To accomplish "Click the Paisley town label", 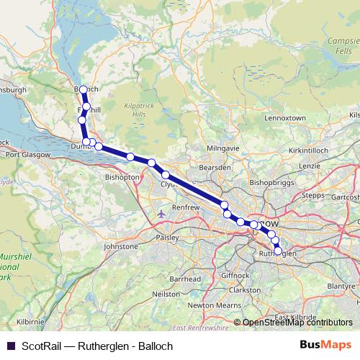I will [168, 234].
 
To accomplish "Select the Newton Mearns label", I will [212, 305].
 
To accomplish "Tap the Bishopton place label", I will [122, 176].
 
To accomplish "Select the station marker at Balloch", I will [83, 89].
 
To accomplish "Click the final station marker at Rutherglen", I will [279, 252].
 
